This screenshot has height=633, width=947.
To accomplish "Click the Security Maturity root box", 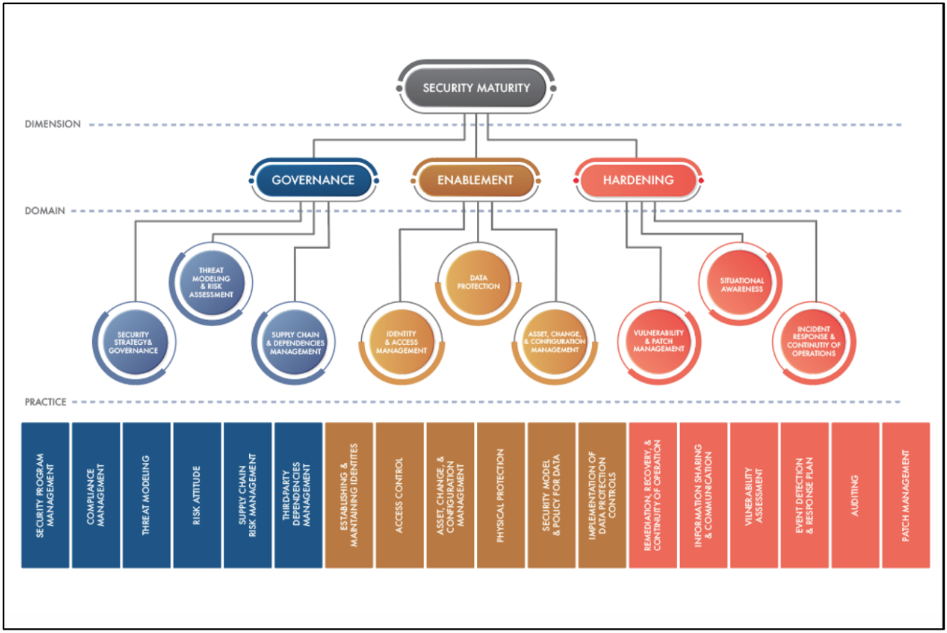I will point(476,88).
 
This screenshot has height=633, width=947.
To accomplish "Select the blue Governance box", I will point(313,180).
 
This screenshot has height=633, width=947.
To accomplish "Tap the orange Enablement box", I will point(476,180).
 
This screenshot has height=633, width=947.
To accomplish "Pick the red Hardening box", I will point(638,180).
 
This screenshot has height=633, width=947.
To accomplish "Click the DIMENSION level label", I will point(52,125).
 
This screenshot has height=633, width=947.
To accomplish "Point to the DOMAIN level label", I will point(45,211).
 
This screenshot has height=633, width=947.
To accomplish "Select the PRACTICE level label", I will point(45,402).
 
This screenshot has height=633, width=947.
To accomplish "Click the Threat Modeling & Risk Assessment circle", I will point(211,283).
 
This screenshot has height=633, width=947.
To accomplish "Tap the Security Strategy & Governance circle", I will point(134,343).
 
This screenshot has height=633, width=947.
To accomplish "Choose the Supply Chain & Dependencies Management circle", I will point(295,343).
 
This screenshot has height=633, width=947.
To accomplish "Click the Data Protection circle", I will point(478,282).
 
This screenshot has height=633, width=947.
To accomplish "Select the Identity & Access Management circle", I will point(402,342).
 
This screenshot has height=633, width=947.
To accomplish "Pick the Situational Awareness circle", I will point(741,284).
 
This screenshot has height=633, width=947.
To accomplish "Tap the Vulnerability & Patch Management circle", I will point(659,341).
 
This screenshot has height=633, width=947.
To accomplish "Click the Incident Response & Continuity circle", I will point(813,342).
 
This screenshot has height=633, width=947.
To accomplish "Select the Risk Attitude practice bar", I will point(197,495).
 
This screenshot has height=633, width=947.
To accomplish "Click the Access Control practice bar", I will point(399,495).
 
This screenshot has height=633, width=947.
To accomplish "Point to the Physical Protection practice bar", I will point(500,495).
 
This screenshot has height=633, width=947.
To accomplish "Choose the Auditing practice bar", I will point(855,495).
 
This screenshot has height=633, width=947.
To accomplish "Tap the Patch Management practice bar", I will point(906,495).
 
